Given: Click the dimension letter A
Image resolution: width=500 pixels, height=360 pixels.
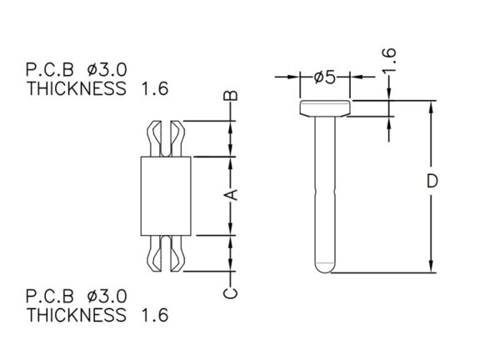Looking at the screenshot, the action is [x=233, y=194].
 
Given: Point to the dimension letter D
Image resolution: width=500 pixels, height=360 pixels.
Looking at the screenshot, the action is [x=432, y=181].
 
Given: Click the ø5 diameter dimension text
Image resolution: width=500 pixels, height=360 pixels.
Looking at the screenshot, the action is [x=325, y=77].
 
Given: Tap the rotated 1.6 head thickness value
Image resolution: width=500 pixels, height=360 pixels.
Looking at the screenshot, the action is [x=389, y=60].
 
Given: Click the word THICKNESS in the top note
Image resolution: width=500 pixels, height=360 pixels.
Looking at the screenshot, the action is [x=77, y=88].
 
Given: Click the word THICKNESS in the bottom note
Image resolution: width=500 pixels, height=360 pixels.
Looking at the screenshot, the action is [x=77, y=315].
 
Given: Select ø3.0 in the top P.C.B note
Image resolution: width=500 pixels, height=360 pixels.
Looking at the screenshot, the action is [x=107, y=70].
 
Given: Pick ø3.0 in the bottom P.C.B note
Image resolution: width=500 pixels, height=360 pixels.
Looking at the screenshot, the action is [x=107, y=297].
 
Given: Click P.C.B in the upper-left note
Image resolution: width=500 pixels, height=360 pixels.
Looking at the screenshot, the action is [x=50, y=70].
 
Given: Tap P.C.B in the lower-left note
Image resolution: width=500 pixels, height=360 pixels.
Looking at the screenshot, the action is [x=50, y=297].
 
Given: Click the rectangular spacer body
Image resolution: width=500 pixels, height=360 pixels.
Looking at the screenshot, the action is [x=166, y=196].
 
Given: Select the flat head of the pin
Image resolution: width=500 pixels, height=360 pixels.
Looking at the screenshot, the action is [x=325, y=108].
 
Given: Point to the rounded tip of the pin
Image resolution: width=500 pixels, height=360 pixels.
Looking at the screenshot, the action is [x=325, y=267].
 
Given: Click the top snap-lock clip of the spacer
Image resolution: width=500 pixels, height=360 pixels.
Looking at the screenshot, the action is [x=166, y=138].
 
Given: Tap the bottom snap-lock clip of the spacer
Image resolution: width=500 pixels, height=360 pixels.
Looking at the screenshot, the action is [x=166, y=254].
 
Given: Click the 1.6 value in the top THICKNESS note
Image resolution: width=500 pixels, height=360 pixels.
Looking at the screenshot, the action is [x=155, y=88].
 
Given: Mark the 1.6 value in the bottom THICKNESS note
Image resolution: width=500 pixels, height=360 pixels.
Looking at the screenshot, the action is [x=155, y=315].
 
